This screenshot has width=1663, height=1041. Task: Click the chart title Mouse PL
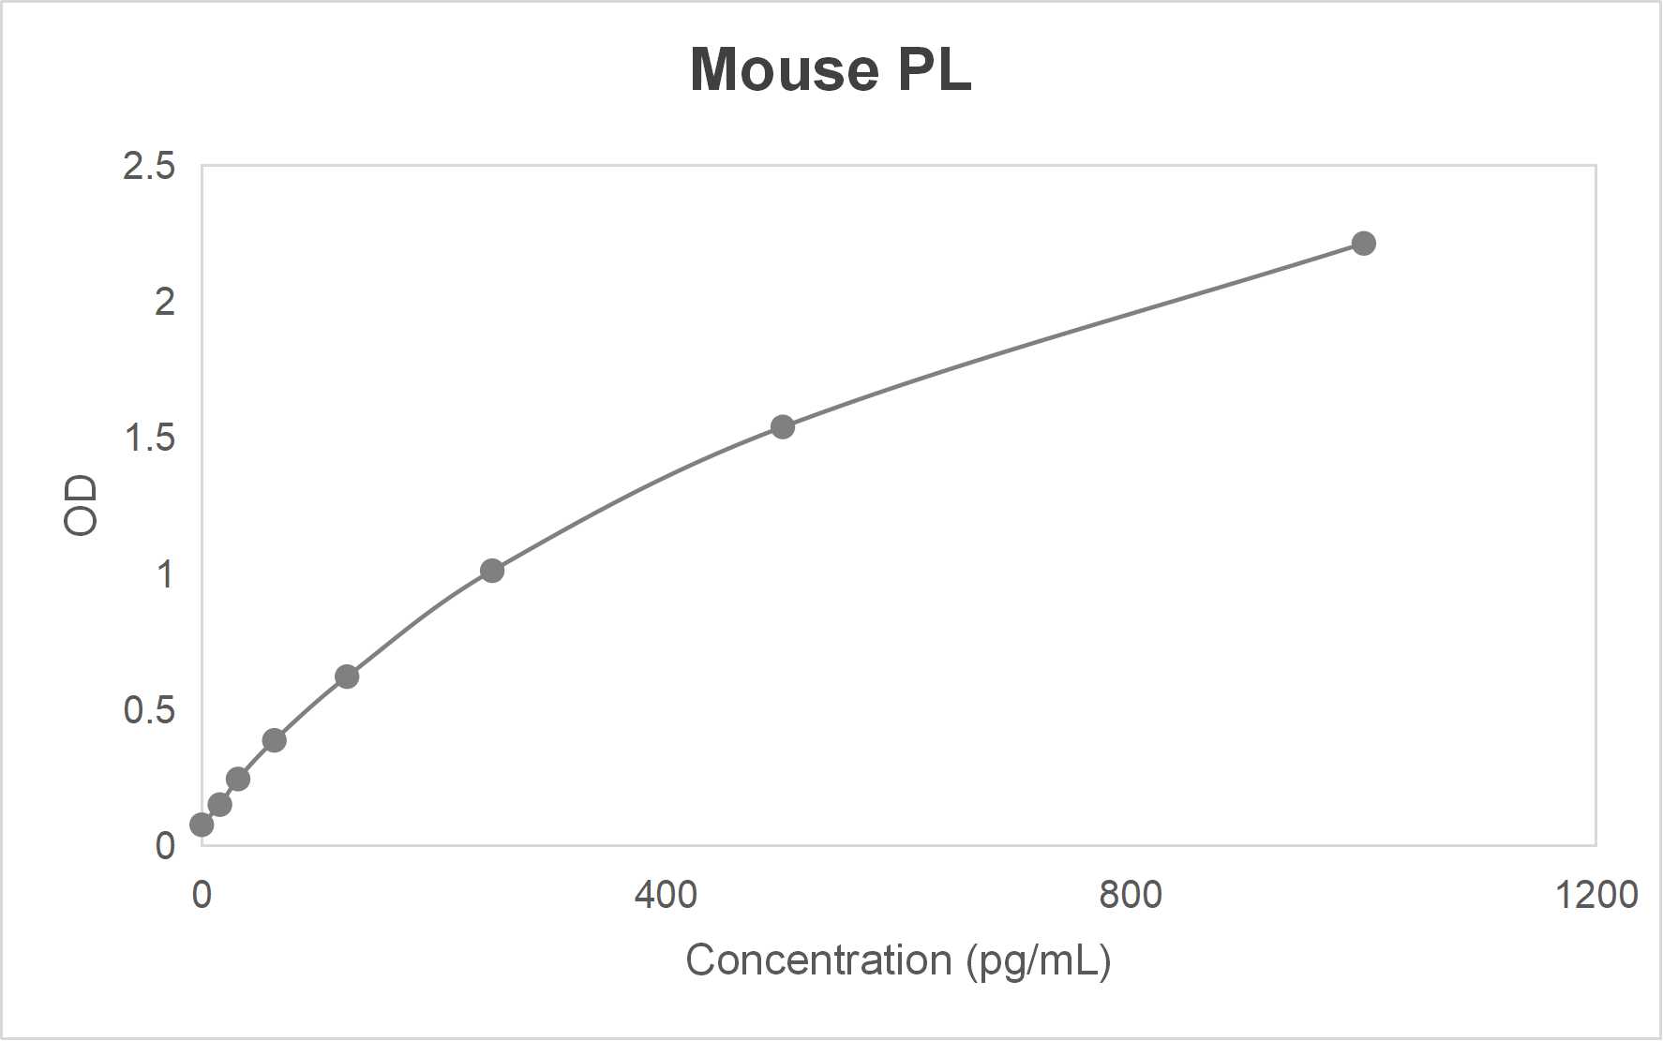pyautogui.click(x=831, y=69)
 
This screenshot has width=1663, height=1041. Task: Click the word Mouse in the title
pyautogui.click(x=784, y=69)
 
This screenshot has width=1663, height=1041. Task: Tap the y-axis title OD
pyautogui.click(x=82, y=505)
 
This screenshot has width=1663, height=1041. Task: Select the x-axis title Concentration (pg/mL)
pyautogui.click(x=898, y=960)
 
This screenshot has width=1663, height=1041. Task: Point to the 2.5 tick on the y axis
pyautogui.click(x=149, y=166)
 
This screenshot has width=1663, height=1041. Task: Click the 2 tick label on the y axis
pyautogui.click(x=165, y=302)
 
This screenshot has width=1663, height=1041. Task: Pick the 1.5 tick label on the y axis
pyautogui.click(x=149, y=438)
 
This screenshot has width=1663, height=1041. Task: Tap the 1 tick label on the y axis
pyautogui.click(x=165, y=573)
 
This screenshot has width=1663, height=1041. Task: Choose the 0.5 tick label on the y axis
pyautogui.click(x=149, y=709)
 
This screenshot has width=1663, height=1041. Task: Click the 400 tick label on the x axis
pyautogui.click(x=666, y=895)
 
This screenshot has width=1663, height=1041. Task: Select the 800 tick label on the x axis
pyautogui.click(x=1131, y=895)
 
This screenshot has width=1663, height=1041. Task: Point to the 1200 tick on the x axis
pyautogui.click(x=1596, y=895)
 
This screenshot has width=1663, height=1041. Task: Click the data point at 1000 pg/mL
pyautogui.click(x=1363, y=244)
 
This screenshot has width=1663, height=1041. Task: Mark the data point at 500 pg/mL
pyautogui.click(x=782, y=427)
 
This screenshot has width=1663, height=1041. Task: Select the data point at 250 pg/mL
pyautogui.click(x=492, y=571)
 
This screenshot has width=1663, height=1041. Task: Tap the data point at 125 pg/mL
pyautogui.click(x=347, y=677)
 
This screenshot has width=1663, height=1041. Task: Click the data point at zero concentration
pyautogui.click(x=202, y=825)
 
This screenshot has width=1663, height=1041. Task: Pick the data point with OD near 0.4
pyautogui.click(x=274, y=740)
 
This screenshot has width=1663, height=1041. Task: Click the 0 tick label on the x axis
pyautogui.click(x=202, y=895)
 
